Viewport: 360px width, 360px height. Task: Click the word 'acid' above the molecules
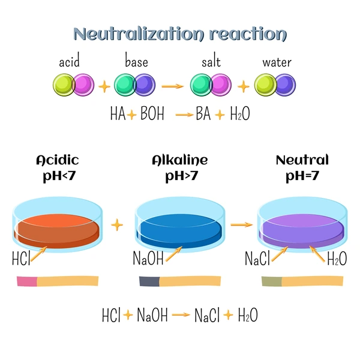pos(70,60)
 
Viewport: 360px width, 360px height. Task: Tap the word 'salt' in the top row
pos(211,61)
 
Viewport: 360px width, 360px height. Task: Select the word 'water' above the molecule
pos(277,62)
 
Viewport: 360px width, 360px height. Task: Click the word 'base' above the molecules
pos(136,60)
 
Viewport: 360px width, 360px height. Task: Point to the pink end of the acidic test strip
pos(27,281)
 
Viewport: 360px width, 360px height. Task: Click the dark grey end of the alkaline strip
pos(149,281)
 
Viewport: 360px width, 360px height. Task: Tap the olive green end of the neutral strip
pos(272,281)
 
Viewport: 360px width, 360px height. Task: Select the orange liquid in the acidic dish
pos(57,232)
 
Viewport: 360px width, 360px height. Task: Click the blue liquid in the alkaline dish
pos(179,232)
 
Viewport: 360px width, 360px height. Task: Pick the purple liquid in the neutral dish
pos(302,232)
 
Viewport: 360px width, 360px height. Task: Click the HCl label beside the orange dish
pos(21,258)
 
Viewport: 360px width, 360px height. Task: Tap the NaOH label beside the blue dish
pos(148,258)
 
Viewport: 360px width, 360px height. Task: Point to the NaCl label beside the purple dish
pos(257,258)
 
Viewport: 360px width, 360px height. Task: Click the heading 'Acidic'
pos(58,160)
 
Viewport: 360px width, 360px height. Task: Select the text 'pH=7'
pos(302,176)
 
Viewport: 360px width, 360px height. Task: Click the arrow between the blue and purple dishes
pos(241,224)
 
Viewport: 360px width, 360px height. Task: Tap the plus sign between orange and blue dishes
pos(117,225)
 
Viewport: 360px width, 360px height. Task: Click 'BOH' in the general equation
pos(152,113)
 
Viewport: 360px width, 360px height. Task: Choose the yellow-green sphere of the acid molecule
pos(64,85)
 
